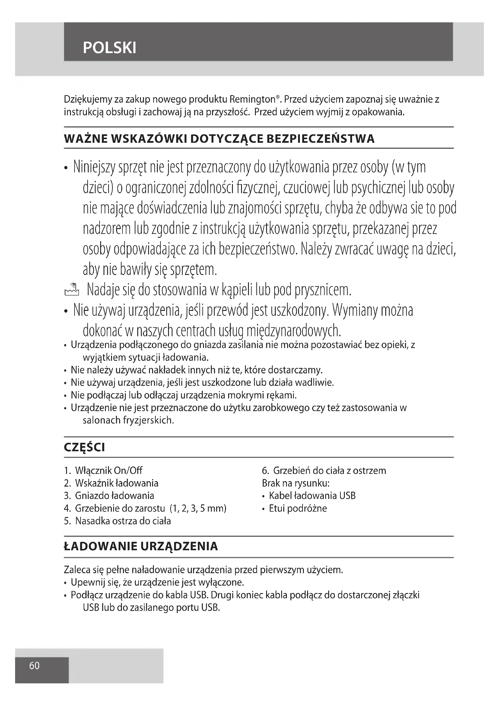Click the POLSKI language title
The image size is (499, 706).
[110, 48]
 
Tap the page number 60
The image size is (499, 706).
[34, 666]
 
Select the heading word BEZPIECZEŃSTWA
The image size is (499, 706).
[320, 139]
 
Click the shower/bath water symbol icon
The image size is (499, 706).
[72, 289]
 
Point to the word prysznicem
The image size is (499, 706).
[323, 290]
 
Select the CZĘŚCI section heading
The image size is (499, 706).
[84, 447]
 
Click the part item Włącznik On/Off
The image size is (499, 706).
[109, 471]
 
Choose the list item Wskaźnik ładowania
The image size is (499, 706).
[116, 483]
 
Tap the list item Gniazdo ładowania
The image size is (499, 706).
[114, 496]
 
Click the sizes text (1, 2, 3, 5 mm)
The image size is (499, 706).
[198, 508]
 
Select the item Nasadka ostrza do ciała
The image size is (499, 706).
[122, 521]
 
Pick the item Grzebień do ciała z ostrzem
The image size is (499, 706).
[329, 471]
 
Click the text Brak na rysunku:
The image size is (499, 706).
[296, 483]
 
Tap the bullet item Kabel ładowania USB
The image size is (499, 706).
[312, 496]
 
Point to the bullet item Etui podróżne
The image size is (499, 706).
[298, 508]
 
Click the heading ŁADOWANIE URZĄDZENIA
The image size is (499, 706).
[141, 546]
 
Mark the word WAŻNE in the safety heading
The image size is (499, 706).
[86, 139]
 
